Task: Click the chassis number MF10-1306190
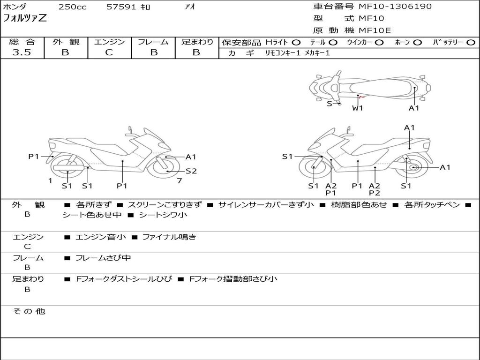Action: click(395, 7)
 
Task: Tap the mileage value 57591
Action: click(122, 7)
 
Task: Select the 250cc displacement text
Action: click(72, 7)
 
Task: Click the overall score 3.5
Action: click(22, 52)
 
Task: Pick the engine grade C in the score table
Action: click(109, 52)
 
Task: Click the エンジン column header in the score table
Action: click(109, 42)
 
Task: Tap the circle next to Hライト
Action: click(296, 42)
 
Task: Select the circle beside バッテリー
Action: click(471, 42)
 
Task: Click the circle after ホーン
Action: click(417, 42)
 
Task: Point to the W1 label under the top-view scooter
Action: click(358, 108)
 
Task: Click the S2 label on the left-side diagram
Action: click(191, 171)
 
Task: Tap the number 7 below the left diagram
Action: click(179, 180)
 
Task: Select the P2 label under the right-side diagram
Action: click(374, 193)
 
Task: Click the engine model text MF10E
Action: click(375, 30)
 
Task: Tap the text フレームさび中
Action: click(103, 258)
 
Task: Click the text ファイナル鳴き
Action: click(169, 237)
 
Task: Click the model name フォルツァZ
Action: click(25, 19)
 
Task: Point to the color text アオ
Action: click(190, 7)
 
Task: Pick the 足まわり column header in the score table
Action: click(197, 42)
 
